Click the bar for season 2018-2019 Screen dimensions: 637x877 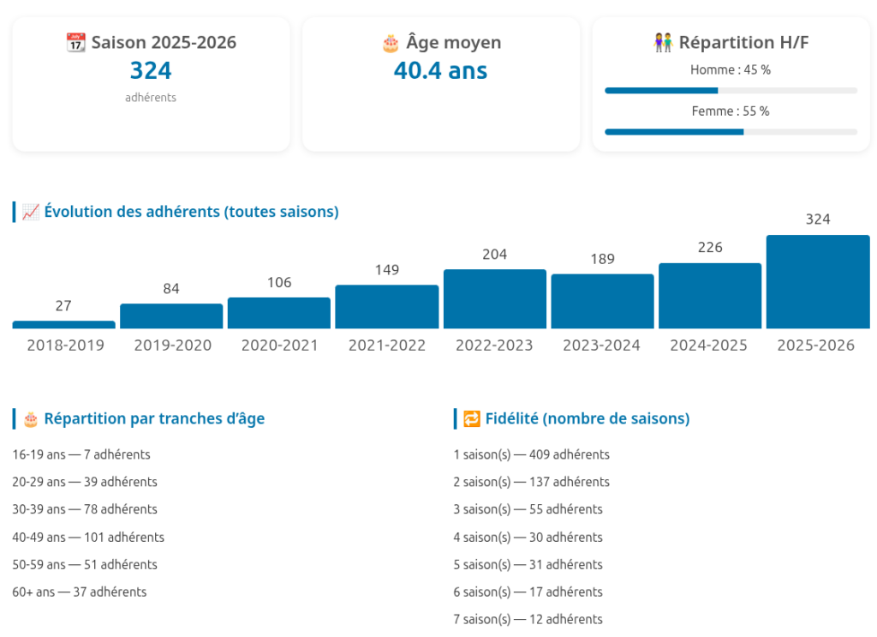click(63, 325)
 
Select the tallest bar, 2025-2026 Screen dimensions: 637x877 click(818, 282)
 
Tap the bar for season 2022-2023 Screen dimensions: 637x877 click(495, 299)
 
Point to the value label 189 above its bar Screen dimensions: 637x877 click(602, 259)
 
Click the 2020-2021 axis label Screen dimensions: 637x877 click(279, 346)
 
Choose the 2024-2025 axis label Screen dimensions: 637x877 click(708, 346)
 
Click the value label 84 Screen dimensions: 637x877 click(171, 289)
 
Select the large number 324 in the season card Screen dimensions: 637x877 click(151, 70)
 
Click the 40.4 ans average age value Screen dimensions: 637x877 click(440, 70)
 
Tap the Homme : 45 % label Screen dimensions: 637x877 click(731, 70)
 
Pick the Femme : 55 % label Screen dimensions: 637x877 click(731, 111)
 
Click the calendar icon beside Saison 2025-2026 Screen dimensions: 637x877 click(76, 42)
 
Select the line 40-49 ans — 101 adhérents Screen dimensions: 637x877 click(88, 538)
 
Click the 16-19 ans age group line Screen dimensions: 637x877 click(81, 455)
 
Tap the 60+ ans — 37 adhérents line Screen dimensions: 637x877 click(80, 592)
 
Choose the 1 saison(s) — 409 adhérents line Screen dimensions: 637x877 click(531, 455)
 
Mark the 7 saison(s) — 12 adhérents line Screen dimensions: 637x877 click(528, 620)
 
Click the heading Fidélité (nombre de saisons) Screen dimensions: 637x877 click(587, 419)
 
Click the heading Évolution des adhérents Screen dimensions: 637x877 click(191, 212)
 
